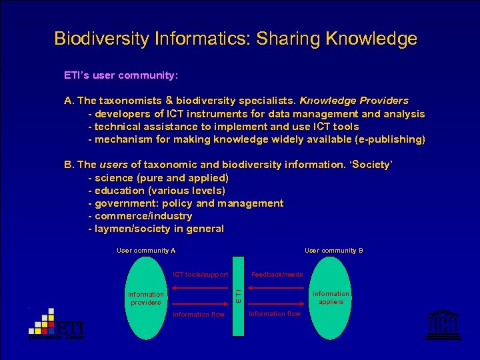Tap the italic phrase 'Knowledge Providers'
tap(354, 101)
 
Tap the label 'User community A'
tap(146, 251)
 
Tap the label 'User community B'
tap(333, 251)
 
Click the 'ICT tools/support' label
tap(201, 275)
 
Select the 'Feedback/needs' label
tap(277, 275)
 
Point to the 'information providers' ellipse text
tap(145, 298)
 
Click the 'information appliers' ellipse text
tap(331, 297)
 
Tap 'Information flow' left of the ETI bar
tap(199, 315)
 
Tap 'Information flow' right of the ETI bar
tap(275, 313)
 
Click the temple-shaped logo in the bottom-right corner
tap(438, 325)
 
